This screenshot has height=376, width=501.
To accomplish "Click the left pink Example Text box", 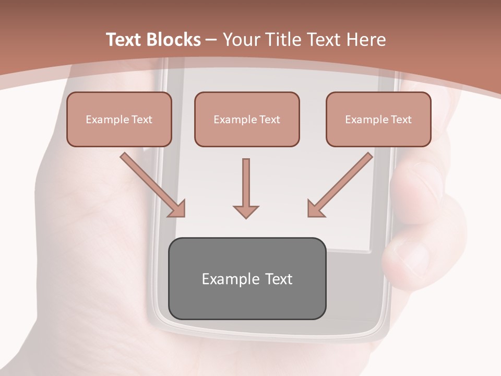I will tap(119, 119).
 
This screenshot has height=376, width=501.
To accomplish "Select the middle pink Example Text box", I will tap(247, 119).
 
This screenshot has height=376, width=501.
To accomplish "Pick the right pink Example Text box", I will tap(378, 119).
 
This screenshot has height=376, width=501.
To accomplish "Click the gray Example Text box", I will tap(247, 278).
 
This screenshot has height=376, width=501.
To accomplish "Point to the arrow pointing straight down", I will tap(246, 188).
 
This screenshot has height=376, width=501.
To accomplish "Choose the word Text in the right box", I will tap(401, 120).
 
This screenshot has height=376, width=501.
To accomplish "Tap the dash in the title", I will tap(211, 40).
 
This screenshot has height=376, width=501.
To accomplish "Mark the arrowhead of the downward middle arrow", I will tap(246, 211).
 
